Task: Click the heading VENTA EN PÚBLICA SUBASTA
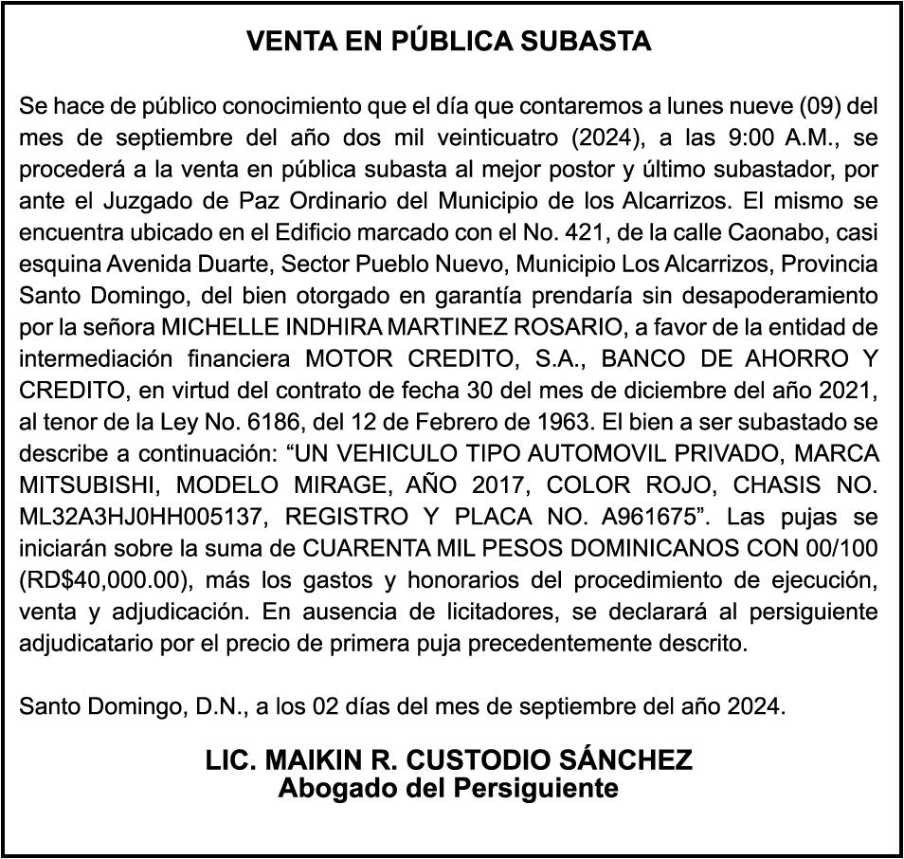coord(449,42)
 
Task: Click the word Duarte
coord(209,264)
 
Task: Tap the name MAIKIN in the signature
coord(315,761)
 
